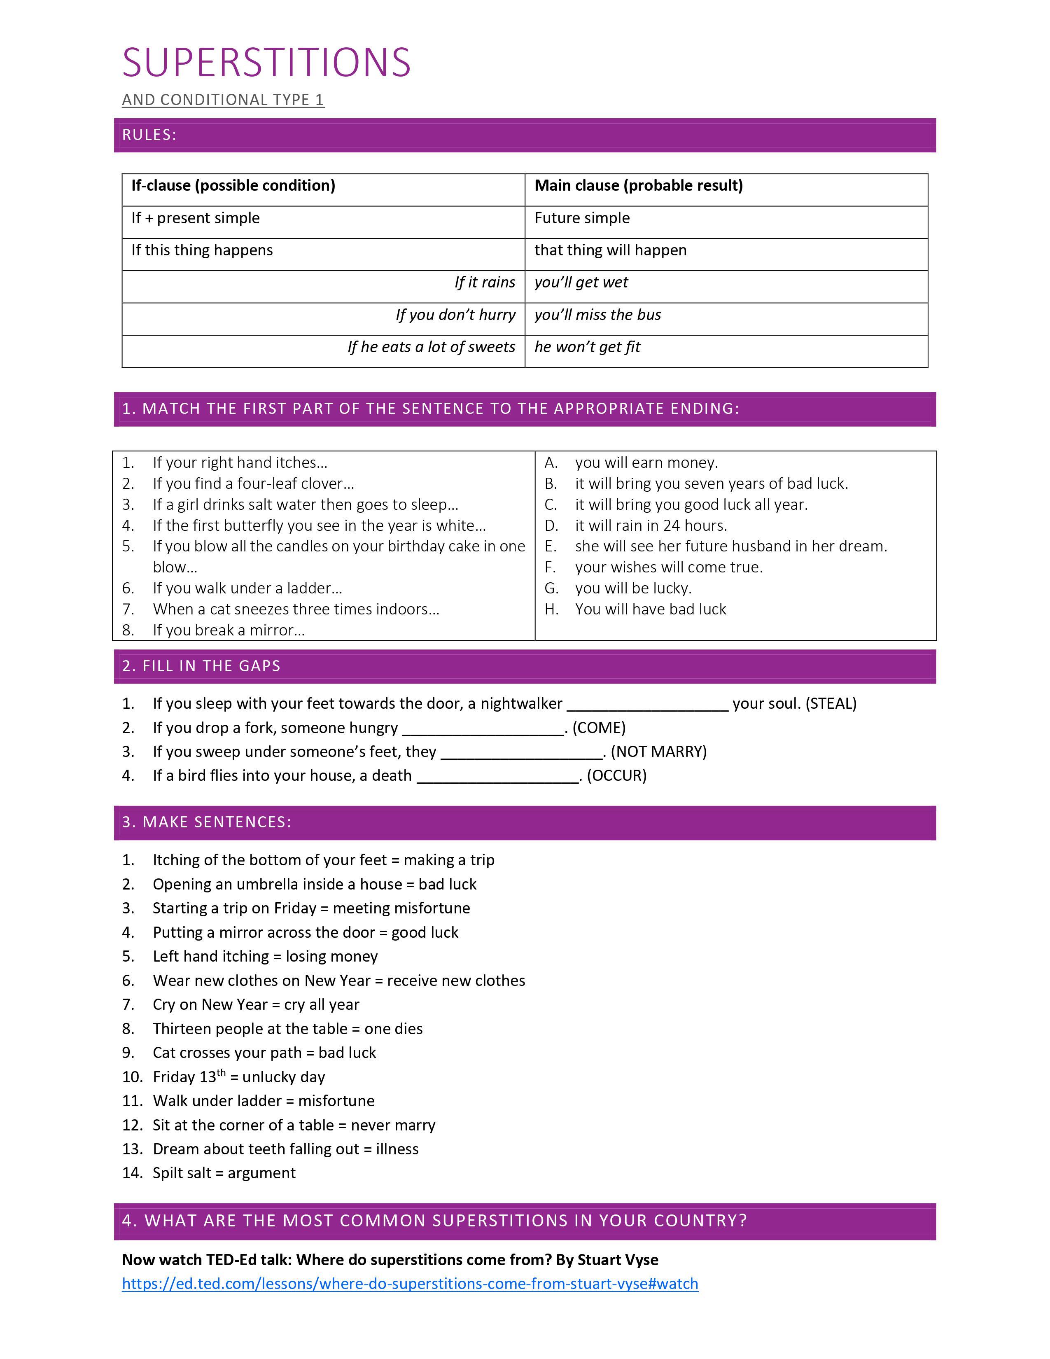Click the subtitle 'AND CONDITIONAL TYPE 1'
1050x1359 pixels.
click(223, 100)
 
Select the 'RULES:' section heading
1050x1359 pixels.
click(149, 135)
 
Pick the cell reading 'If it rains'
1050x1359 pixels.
click(485, 283)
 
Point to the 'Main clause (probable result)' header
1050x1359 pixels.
click(638, 185)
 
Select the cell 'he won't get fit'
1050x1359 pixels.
click(587, 347)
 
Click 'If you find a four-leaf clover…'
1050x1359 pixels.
click(253, 483)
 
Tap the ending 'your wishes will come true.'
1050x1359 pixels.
click(669, 567)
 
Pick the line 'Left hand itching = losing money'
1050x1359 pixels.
click(265, 956)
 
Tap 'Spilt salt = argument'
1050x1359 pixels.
click(224, 1172)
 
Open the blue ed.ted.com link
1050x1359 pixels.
click(410, 1284)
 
